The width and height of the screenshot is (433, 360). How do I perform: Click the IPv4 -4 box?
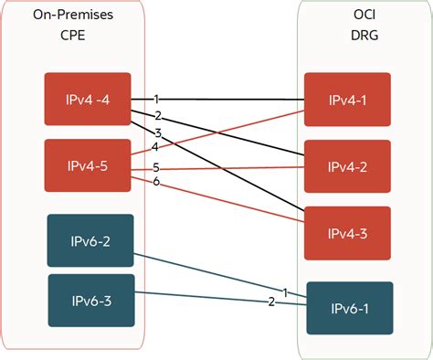coord(88,99)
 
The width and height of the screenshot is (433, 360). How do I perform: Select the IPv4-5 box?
coord(88,165)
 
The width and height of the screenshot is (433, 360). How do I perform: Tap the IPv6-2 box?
coord(90,240)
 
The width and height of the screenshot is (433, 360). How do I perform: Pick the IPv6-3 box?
coord(90,299)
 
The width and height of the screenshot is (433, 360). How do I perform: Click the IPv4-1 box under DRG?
coord(348,99)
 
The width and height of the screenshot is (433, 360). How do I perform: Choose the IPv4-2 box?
coord(348,166)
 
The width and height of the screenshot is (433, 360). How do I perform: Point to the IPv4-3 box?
coord(348,232)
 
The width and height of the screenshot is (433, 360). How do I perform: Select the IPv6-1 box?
coord(350,309)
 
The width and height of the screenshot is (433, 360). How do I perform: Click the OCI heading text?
coord(350,16)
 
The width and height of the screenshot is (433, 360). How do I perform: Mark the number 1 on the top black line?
coord(156,98)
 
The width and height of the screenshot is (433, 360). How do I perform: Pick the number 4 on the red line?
coord(154,147)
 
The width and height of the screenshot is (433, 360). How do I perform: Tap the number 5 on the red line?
coord(156,167)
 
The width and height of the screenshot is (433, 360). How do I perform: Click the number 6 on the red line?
coord(156,182)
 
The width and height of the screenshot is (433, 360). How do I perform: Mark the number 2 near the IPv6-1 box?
coord(270,302)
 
